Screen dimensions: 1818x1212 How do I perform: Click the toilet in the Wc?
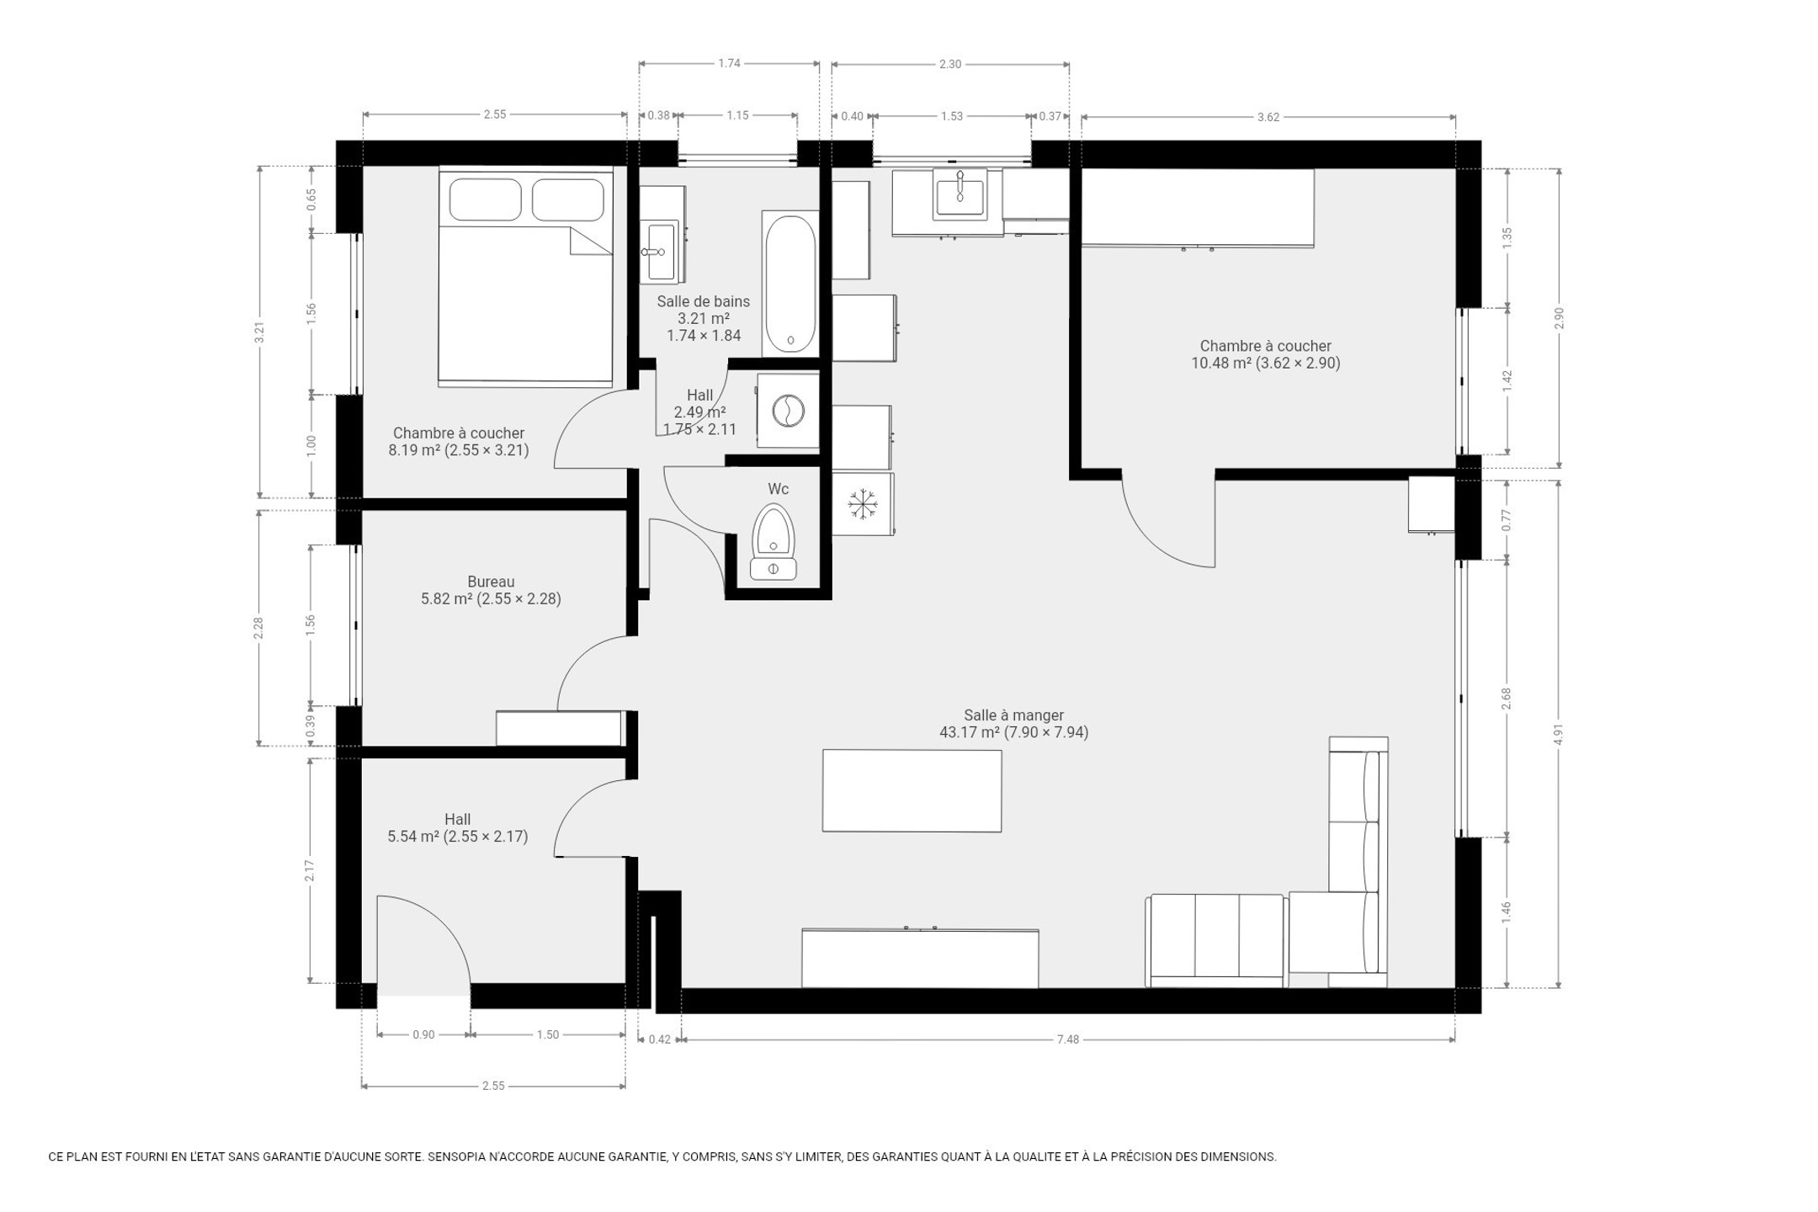click(773, 542)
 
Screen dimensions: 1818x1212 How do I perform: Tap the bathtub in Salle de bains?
click(789, 284)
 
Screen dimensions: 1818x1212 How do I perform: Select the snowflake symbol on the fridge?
click(862, 504)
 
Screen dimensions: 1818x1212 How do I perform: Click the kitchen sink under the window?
click(959, 194)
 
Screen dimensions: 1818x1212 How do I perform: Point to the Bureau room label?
click(491, 582)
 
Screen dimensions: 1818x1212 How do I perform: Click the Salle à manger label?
click(1013, 715)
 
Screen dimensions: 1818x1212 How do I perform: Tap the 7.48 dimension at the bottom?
click(1067, 1039)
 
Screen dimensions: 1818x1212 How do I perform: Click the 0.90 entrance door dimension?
click(423, 1034)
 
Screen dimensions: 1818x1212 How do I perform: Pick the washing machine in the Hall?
click(788, 411)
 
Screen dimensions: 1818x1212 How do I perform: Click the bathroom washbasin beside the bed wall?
click(662, 251)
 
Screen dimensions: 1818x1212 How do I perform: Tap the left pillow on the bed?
click(485, 199)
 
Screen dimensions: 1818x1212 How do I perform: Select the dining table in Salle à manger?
click(912, 790)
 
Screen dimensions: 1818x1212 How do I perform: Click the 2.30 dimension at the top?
click(949, 64)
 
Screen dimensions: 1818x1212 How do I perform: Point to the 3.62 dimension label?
click(1268, 117)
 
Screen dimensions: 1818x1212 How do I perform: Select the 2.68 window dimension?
click(1507, 699)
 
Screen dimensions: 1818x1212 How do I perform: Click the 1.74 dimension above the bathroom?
click(729, 63)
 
